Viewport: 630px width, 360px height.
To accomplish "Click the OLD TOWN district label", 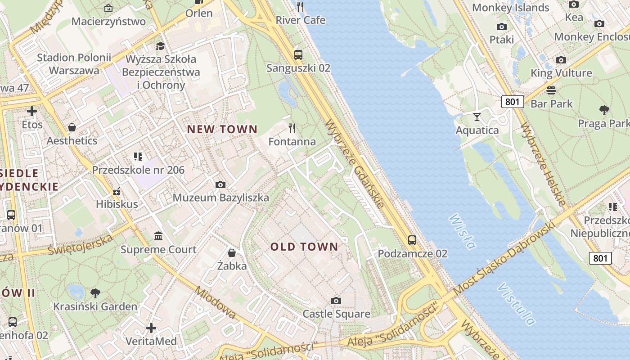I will [x=304, y=247].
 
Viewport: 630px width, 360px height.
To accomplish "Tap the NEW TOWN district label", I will [x=222, y=130].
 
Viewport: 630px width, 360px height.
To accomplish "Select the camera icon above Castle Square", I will [x=336, y=301].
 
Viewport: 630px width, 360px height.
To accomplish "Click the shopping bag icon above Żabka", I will [x=231, y=253].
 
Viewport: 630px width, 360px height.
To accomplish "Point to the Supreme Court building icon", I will [x=158, y=236].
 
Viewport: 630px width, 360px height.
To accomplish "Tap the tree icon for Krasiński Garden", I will [x=95, y=293].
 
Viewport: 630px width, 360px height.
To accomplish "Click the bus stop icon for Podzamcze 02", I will [x=412, y=240].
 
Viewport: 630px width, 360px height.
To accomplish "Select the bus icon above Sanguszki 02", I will [x=298, y=55].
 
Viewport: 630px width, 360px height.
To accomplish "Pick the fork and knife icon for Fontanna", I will [x=292, y=128].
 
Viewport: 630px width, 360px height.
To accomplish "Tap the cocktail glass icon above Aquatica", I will [x=477, y=117].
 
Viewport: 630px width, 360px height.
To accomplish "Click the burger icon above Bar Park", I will [x=551, y=90].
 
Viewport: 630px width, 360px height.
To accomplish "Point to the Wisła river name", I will [x=462, y=231].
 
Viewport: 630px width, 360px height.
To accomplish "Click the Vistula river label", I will [x=517, y=304].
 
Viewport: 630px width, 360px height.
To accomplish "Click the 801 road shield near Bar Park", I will [x=513, y=102].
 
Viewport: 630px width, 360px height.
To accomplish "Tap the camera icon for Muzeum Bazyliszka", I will [x=220, y=184].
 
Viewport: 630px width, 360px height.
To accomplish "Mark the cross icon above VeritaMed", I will [x=151, y=328].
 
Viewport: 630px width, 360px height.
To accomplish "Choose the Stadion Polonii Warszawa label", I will [x=74, y=64].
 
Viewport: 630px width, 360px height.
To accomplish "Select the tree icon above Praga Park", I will [x=604, y=110].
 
